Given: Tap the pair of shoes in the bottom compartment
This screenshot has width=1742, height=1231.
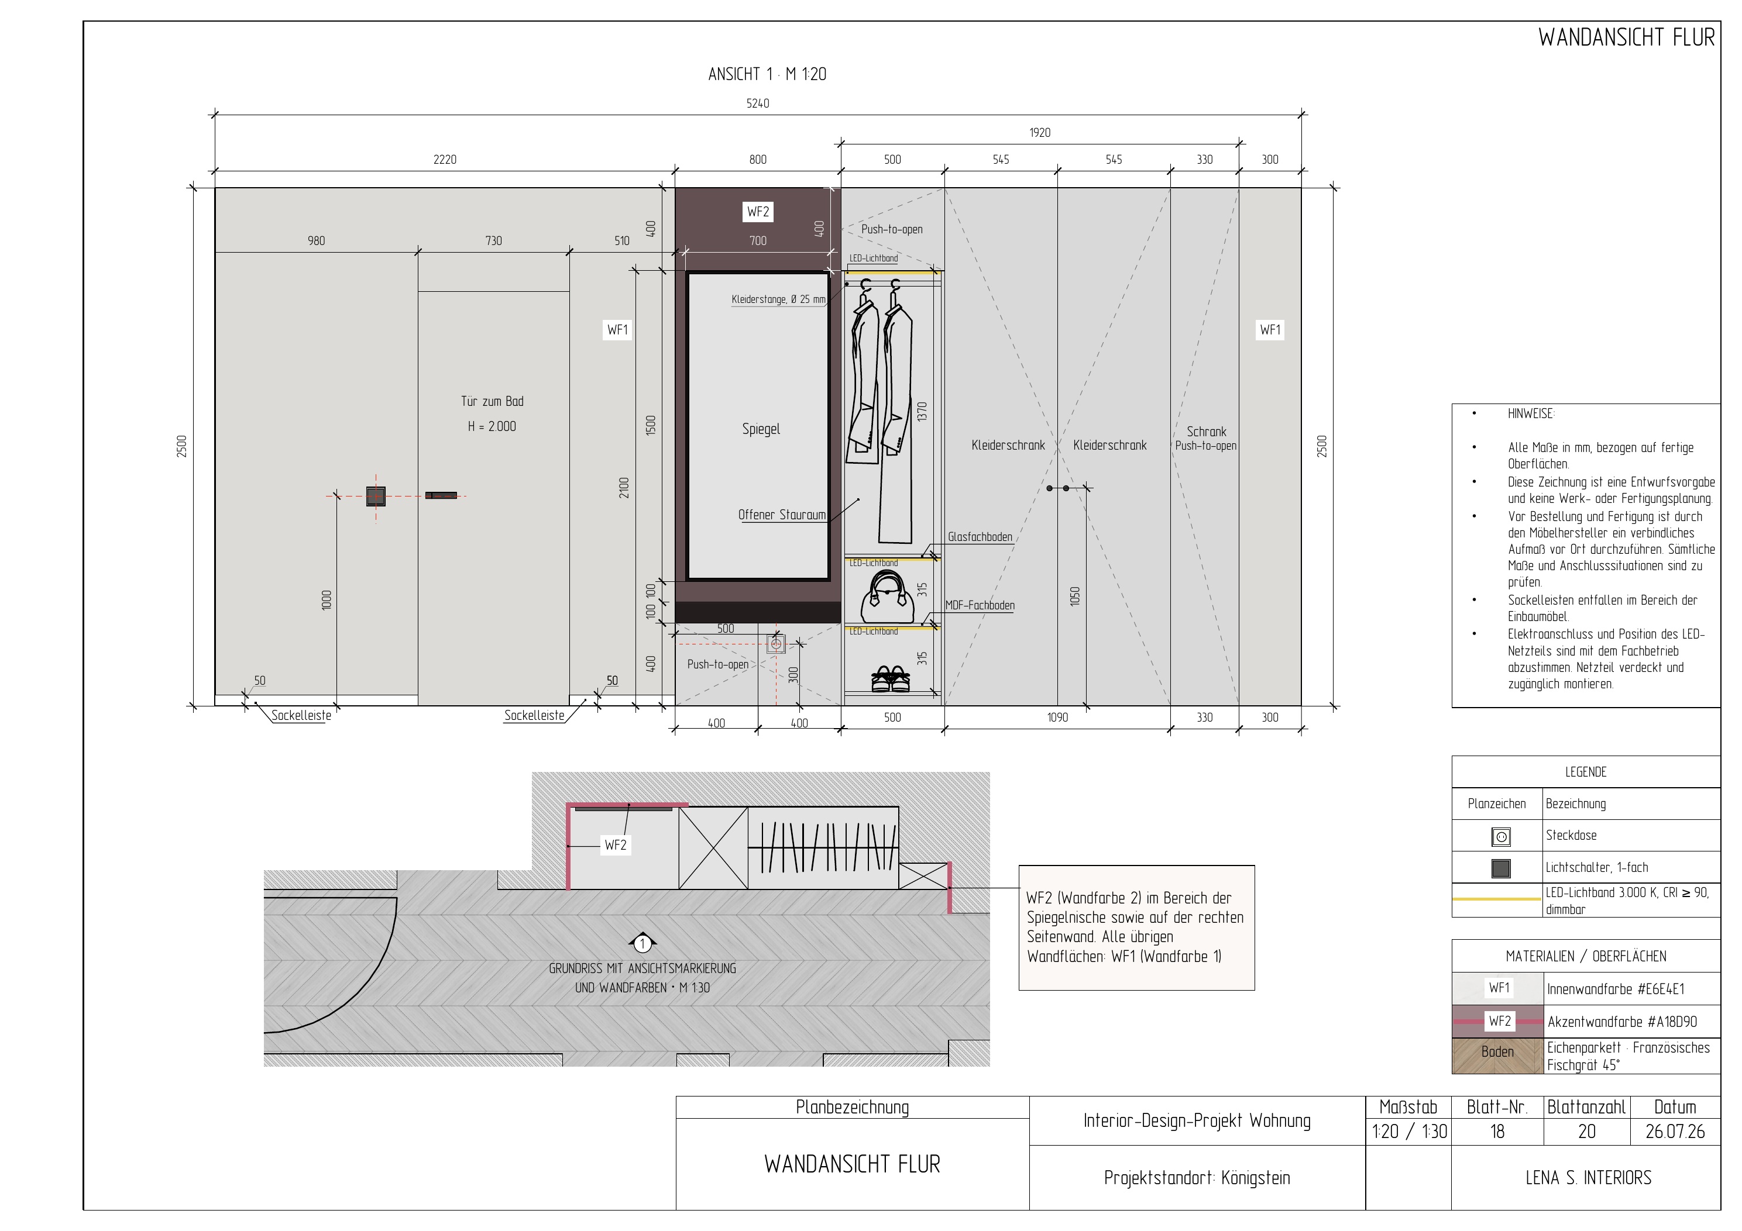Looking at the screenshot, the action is [891, 679].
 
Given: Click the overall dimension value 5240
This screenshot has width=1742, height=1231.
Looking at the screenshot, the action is [758, 103].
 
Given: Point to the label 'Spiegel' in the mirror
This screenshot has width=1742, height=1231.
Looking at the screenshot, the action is [761, 429].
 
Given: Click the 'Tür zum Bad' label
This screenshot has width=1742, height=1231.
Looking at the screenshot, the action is [492, 401].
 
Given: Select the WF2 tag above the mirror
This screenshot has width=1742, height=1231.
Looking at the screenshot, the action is [758, 212].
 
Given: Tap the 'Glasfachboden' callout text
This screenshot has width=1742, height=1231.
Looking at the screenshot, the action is [980, 537].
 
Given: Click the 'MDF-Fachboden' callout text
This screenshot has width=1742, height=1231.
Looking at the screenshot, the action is [980, 605].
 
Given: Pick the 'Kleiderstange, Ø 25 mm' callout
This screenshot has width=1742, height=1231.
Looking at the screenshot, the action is [778, 299].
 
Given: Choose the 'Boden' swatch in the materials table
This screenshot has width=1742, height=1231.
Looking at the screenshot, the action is [1497, 1055].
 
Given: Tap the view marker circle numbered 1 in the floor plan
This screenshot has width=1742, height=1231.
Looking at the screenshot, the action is [642, 943].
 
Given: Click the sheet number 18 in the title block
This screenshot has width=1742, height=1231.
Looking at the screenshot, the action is [1497, 1132].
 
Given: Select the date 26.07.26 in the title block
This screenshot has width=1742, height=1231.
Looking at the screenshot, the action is [1675, 1132].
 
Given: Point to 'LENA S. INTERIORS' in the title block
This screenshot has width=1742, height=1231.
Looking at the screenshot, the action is [1588, 1178].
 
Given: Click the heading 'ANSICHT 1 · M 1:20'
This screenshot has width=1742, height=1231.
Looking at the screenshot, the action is [767, 74].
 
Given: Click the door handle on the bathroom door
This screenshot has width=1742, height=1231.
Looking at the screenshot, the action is [441, 495].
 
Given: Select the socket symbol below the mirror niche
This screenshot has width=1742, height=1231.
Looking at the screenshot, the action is [776, 644].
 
